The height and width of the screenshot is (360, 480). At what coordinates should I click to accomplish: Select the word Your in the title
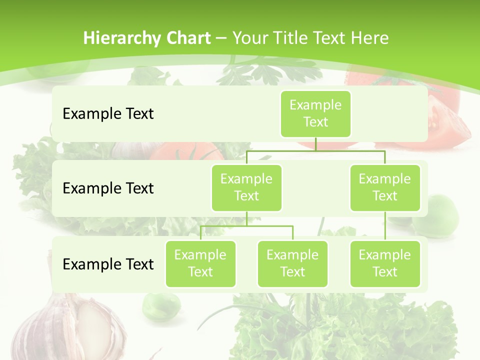coord(249,38)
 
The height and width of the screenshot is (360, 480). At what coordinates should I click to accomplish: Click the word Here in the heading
coord(369,38)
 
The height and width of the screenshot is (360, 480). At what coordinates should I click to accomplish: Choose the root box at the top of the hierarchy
coord(315,114)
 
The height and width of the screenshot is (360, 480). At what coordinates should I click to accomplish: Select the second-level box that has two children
coord(246,188)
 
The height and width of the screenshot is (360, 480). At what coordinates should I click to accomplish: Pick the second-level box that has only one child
coord(385,188)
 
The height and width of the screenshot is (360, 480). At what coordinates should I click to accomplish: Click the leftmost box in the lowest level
coord(200,264)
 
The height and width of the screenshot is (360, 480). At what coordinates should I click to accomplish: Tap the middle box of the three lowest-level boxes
coord(292,264)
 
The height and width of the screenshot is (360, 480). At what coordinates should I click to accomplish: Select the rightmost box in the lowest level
coord(385,264)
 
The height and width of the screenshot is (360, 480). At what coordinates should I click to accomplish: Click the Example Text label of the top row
coord(108,114)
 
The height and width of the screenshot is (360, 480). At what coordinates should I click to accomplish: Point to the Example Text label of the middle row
coord(108,188)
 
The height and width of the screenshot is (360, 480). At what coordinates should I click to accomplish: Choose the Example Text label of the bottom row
coord(108,264)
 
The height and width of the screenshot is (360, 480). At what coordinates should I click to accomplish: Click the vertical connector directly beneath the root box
coord(315,144)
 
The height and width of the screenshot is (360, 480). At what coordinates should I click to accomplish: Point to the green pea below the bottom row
coord(161,305)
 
